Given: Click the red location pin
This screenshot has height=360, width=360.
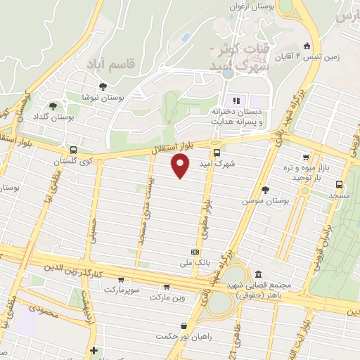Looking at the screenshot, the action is (181, 165).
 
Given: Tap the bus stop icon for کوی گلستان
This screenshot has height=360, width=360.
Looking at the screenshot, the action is (73, 150).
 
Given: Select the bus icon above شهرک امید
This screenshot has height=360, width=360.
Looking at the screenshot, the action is (217, 153).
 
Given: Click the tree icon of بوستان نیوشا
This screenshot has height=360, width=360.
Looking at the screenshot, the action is (103, 86).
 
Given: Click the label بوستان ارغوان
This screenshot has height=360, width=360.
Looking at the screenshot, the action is (252, 6).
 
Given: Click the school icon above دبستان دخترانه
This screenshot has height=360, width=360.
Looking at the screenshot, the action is (236, 99).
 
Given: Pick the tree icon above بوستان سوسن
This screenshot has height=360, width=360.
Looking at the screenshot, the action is (265, 190).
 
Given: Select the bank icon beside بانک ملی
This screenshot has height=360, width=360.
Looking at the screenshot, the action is (195, 252).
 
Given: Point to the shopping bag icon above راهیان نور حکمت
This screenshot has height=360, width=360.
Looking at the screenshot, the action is (184, 325).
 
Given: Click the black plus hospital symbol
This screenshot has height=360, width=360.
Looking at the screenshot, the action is (94, 349).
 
